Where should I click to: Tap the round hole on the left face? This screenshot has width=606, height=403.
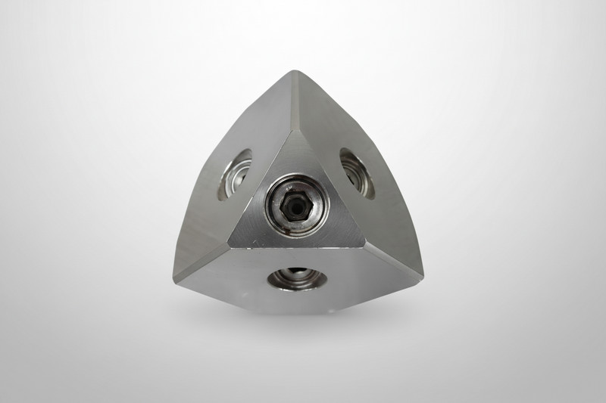click(235, 173)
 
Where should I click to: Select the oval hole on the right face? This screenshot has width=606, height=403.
click(356, 173)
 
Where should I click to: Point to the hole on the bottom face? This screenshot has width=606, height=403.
click(297, 278)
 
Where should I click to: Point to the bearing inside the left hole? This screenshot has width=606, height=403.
click(230, 178)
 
